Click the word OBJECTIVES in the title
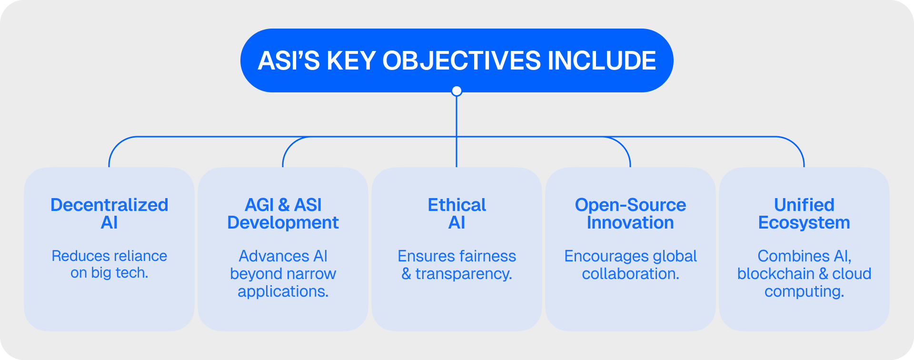461,61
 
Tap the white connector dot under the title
457,90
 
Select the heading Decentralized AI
109,213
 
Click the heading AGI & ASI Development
283,213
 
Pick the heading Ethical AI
457,213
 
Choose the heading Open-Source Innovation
630,213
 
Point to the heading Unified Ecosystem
804,213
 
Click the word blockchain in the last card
775,274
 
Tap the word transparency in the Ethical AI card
464,274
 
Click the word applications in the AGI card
283,291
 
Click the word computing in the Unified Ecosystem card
804,291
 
